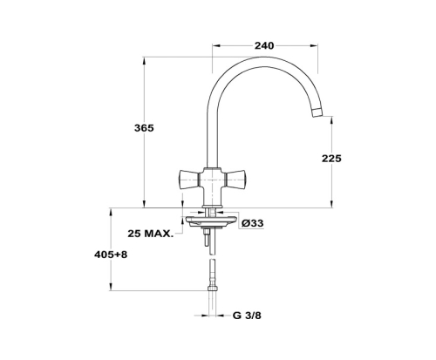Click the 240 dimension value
click(264, 45)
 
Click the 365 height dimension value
click(144, 128)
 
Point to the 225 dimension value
click(331, 159)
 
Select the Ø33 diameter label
click(252, 223)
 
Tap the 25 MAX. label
click(150, 233)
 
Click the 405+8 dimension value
click(111, 255)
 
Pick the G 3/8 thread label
click(247, 316)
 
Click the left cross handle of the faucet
click(188, 179)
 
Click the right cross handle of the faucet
click(236, 179)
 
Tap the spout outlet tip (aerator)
click(317, 112)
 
